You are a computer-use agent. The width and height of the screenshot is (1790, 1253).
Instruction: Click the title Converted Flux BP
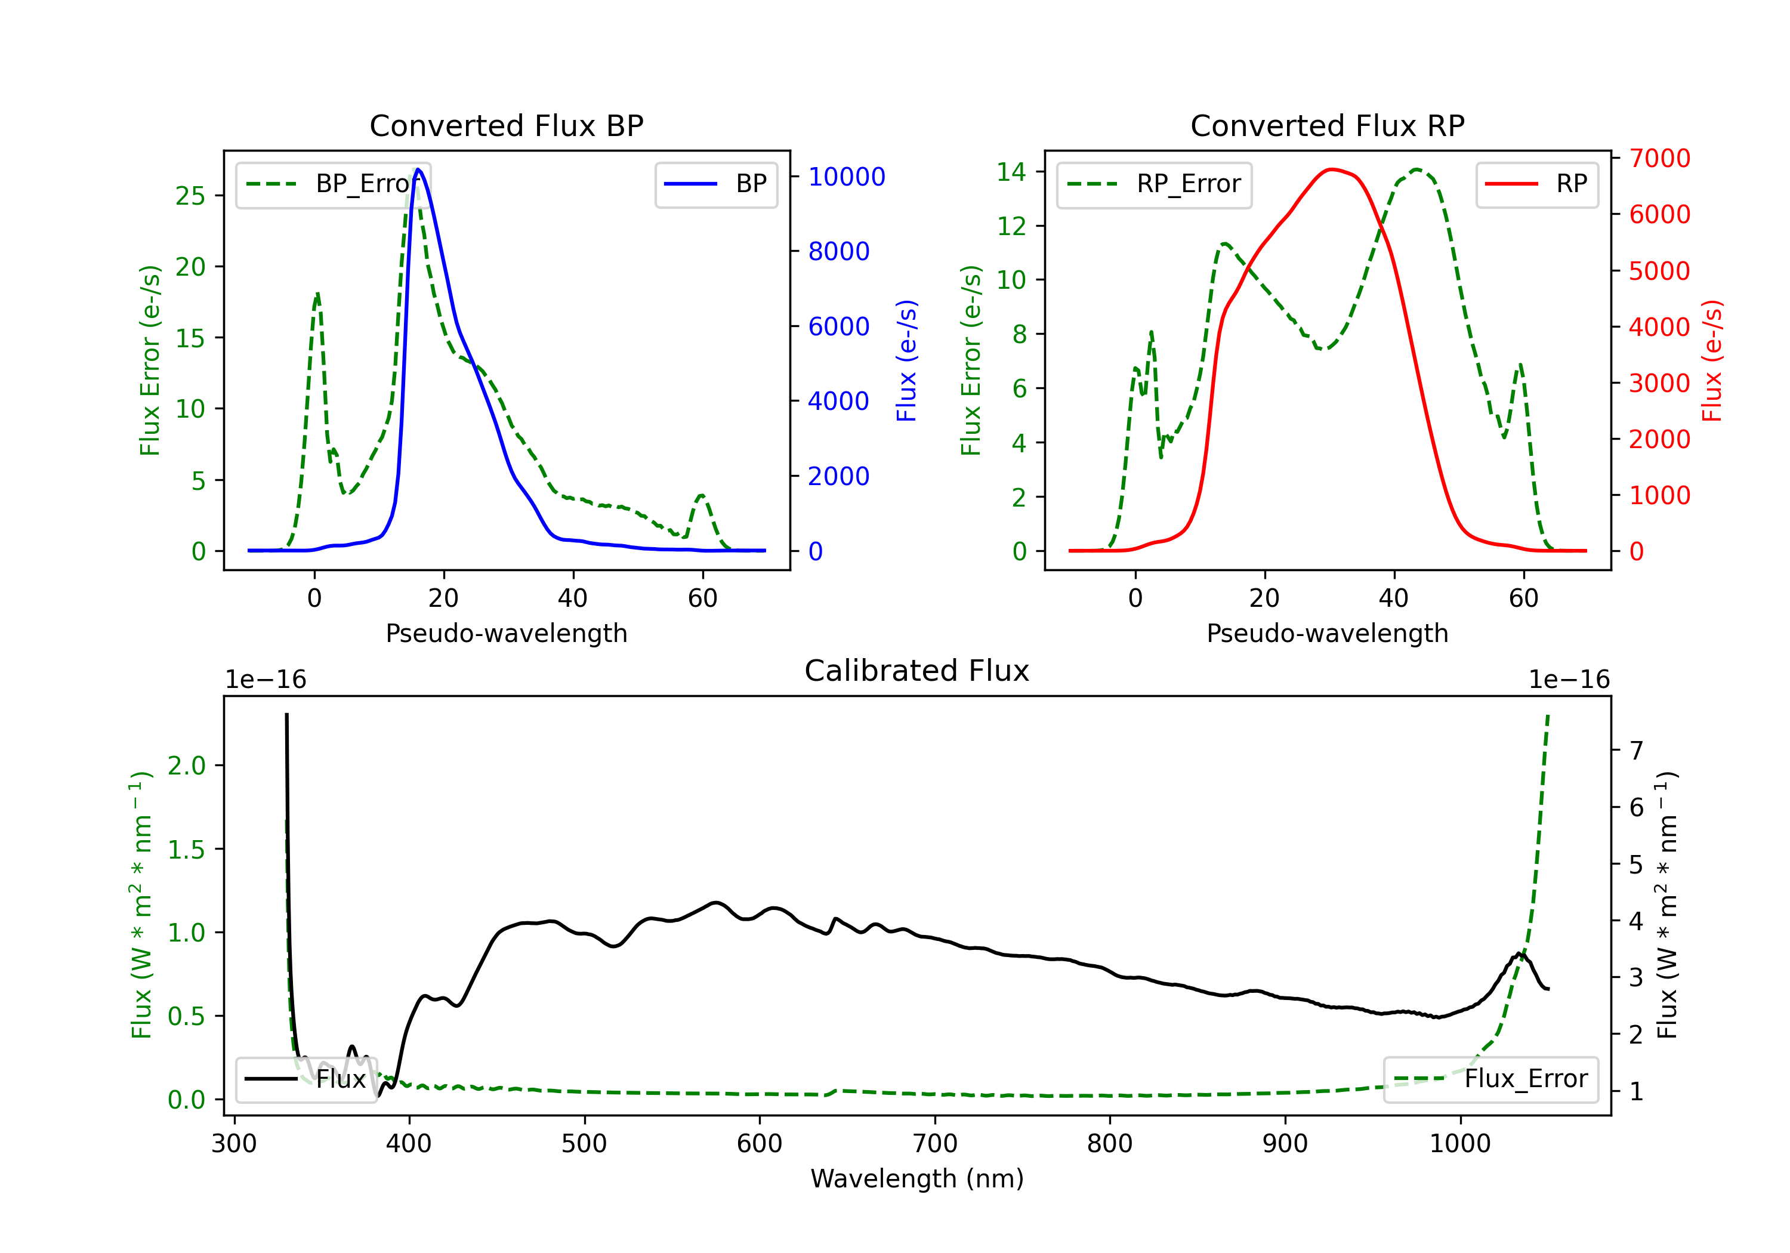coord(506,125)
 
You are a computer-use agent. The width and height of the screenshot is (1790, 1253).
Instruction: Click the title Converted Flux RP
coord(1327,125)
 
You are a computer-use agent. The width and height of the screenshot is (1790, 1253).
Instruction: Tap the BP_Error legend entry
coord(333,184)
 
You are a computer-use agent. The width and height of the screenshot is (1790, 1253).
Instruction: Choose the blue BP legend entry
coord(715,184)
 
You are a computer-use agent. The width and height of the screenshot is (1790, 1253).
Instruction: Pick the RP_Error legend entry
coord(1154,184)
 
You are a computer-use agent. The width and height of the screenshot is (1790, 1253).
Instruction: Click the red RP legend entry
coord(1536,184)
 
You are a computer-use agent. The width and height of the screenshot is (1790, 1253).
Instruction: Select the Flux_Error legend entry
coord(1490,1079)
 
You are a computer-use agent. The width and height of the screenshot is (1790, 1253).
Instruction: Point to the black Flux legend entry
coord(307,1079)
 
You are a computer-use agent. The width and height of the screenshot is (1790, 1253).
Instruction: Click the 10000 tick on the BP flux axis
coord(846,177)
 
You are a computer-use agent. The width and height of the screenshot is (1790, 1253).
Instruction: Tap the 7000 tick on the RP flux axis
coord(1659,158)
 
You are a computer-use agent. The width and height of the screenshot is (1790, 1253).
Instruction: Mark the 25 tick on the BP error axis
coord(190,196)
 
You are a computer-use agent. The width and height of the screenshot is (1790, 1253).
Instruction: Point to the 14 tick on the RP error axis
coord(1011,171)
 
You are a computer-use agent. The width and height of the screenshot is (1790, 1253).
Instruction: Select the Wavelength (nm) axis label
coord(917,1178)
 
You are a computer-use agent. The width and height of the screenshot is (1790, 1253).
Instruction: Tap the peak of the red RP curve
coord(1332,169)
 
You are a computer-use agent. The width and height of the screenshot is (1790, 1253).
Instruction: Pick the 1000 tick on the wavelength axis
coord(1459,1144)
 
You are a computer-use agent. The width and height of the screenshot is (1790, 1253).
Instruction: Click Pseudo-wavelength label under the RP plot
coord(1327,633)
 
